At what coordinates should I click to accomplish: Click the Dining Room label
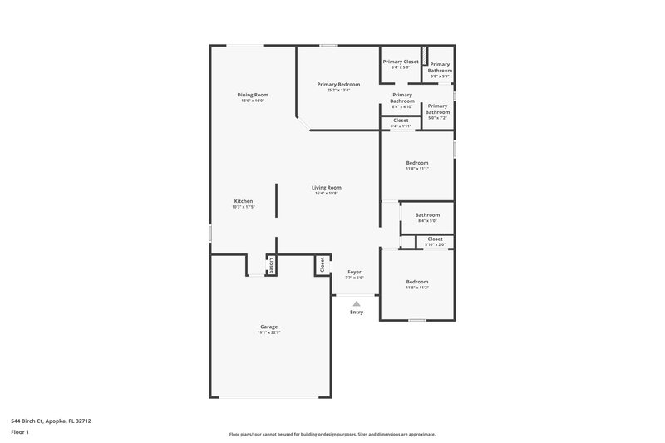[253, 95]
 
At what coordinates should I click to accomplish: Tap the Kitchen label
[243, 201]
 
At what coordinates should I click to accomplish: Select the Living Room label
[327, 187]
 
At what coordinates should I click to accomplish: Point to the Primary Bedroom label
[338, 84]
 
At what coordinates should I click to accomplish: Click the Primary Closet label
[401, 62]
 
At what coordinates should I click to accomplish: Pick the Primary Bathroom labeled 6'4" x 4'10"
[402, 98]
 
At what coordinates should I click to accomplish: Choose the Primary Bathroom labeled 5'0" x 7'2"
[437, 109]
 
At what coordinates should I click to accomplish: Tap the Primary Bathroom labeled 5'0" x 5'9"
[440, 67]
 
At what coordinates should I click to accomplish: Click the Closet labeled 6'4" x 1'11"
[401, 121]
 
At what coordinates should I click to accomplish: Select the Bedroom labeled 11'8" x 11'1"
[416, 162]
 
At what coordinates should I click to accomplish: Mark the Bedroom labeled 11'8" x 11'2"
[416, 282]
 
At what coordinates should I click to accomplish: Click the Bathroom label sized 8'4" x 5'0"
[427, 214]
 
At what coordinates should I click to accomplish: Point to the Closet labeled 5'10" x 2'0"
[435, 239]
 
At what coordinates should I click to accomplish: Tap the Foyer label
[355, 272]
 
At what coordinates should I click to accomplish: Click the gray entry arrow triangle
[357, 303]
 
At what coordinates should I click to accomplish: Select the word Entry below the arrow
[357, 313]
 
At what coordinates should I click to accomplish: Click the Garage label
[268, 327]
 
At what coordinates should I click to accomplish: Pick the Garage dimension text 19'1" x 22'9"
[268, 332]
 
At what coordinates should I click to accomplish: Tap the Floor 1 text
[20, 433]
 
